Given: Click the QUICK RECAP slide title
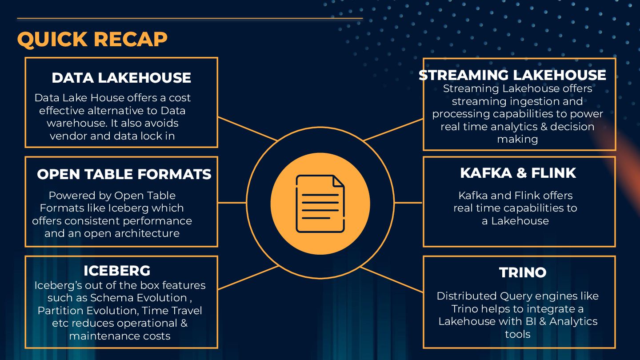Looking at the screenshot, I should (x=92, y=39).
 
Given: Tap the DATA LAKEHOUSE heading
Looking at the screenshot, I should (x=121, y=78).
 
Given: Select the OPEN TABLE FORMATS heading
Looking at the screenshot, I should (x=124, y=174).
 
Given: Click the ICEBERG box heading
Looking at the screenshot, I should (x=117, y=271).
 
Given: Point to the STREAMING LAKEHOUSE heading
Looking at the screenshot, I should (x=512, y=75).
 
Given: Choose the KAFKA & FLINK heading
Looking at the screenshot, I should (x=518, y=173).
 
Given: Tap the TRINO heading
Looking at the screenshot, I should (x=523, y=272).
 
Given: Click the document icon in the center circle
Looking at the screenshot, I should (x=320, y=204).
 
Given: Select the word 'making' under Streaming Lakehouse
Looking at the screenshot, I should (x=517, y=139).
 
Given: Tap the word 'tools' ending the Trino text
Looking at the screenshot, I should (x=517, y=334).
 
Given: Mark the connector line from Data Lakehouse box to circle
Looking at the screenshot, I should (x=248, y=129).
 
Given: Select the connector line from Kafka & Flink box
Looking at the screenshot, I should (x=408, y=203).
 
